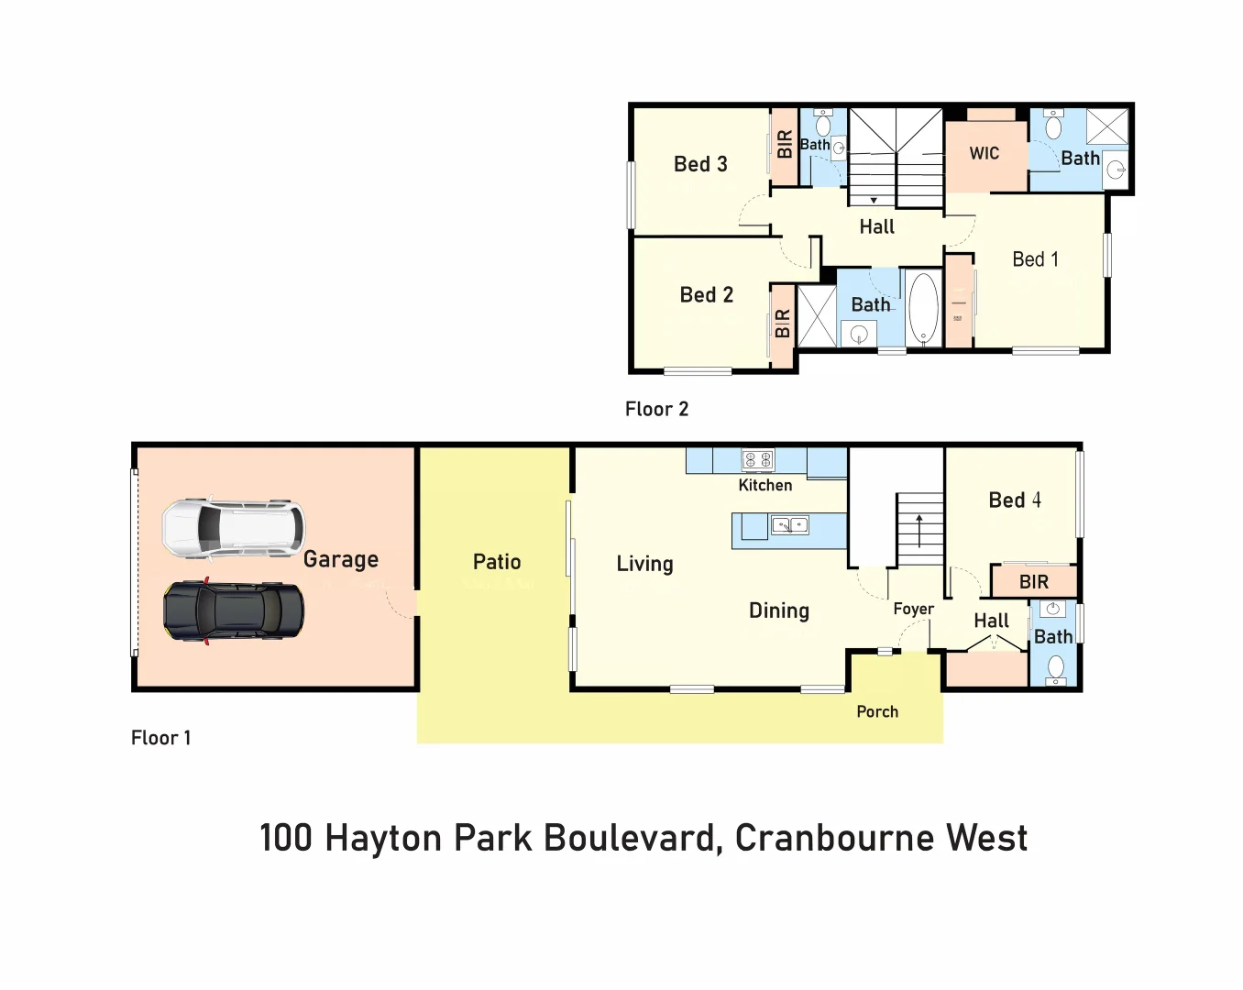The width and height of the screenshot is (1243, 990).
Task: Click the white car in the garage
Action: pos(233,529)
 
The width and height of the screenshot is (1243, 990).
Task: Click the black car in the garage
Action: pos(234,611)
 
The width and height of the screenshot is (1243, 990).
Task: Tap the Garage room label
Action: pos(340,559)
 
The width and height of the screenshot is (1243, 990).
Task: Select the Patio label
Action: pos(497,562)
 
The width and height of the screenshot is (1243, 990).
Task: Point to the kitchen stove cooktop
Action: pos(757,460)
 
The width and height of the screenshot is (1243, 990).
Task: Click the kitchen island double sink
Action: pos(789,525)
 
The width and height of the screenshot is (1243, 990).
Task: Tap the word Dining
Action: pos(778,610)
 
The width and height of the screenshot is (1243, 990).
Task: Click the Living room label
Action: pos(644,564)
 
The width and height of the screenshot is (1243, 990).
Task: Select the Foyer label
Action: pos(913,609)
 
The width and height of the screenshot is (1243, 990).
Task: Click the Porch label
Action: pos(877,711)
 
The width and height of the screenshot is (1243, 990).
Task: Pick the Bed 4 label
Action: pos(1015,500)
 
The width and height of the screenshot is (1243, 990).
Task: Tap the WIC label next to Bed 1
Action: pos(984,153)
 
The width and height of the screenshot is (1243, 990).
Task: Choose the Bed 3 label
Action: pos(700,164)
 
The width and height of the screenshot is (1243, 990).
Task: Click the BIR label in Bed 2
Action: pos(782,324)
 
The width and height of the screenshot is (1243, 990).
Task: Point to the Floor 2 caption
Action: pos(656,409)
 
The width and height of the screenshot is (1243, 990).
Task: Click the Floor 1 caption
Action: pos(161,738)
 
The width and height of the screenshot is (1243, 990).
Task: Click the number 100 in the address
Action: pos(286,838)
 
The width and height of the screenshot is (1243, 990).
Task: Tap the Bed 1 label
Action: pos(1035,259)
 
